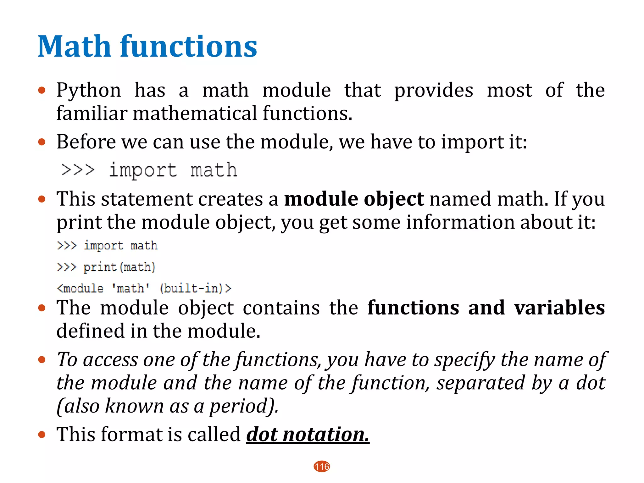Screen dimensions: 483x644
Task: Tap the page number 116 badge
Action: [322, 466]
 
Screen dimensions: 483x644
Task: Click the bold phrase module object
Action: [354, 199]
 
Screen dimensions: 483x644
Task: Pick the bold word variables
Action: [559, 308]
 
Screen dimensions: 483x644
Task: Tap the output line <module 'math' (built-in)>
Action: [144, 288]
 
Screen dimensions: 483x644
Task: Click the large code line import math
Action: [149, 170]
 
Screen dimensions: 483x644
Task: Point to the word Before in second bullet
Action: [86, 142]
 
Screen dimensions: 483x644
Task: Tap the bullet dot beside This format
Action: [42, 435]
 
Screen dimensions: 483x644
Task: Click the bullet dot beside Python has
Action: [42, 91]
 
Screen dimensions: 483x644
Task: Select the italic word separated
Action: [480, 383]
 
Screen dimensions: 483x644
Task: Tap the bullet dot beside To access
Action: [42, 360]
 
